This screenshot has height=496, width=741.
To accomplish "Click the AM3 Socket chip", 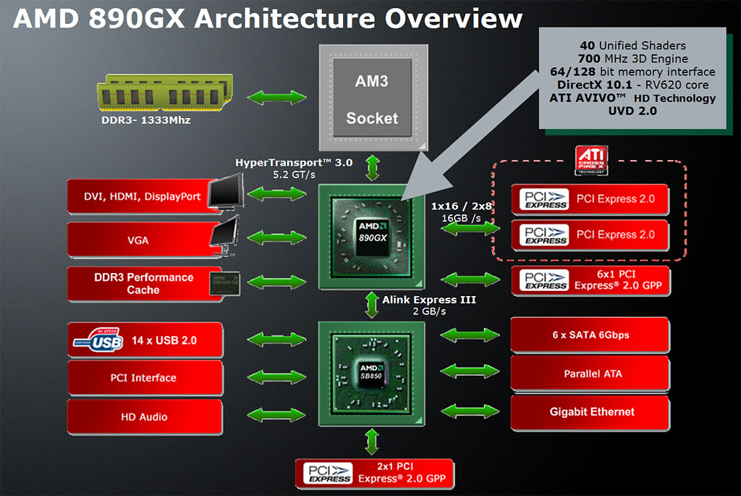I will [371, 98].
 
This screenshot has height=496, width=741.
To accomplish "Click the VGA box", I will [137, 239].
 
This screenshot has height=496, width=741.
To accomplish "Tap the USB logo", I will [98, 340].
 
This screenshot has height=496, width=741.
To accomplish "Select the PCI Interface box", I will [143, 377].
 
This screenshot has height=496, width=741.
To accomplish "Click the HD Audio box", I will [143, 416].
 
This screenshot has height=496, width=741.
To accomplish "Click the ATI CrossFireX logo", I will [590, 160].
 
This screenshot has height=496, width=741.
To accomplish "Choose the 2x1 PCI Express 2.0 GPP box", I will [375, 473].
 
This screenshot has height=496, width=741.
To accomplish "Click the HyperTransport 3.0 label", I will [294, 162].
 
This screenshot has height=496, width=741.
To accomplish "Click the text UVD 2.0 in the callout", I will [633, 111].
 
